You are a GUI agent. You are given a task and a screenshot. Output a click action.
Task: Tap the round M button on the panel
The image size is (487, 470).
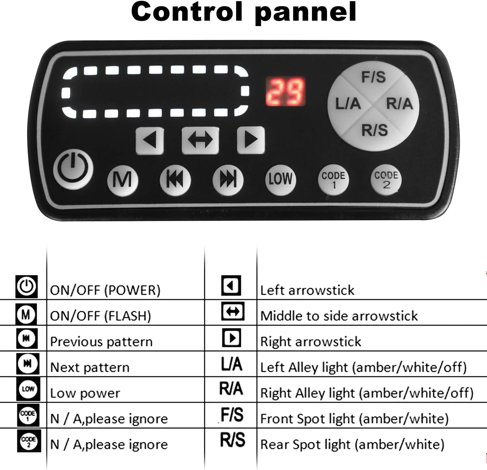point(123,180)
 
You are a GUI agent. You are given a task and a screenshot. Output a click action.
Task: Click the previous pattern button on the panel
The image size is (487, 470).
point(175,180)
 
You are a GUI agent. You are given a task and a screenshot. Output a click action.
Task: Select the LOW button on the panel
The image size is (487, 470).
point(281,179)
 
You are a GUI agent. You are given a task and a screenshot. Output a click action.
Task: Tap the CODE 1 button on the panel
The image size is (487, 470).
point(333,180)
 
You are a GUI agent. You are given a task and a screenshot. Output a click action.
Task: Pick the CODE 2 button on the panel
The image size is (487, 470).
point(386,180)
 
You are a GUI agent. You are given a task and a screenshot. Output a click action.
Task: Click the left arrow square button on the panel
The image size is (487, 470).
point(150,140)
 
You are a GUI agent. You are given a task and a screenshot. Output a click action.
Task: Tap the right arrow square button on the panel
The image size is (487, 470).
point(251,140)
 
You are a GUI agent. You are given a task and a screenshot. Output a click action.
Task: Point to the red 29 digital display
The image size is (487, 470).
point(285,92)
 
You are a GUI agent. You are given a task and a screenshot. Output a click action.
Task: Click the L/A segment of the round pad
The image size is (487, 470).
point(347,104)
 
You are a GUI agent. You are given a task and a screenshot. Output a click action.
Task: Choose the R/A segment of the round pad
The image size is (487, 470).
point(400,104)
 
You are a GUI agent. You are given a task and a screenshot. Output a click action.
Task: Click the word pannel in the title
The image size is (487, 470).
point(306,13)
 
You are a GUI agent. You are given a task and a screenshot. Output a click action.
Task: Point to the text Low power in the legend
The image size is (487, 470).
point(85,393)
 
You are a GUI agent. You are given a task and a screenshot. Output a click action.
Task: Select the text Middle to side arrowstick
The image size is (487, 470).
point(339,316)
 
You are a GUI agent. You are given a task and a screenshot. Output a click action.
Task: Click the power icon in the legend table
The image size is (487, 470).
point(27,287)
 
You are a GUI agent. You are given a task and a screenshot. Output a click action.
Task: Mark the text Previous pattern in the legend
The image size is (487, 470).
point(101,342)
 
